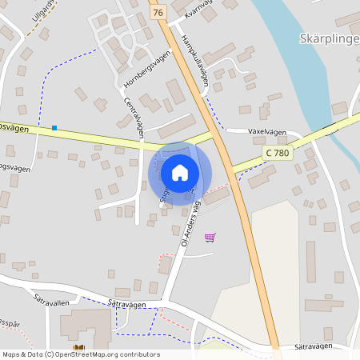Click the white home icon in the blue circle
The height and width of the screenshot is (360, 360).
coord(180,172)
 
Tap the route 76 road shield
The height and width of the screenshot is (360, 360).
coord(158,13)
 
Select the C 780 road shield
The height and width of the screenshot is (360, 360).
coord(276,152)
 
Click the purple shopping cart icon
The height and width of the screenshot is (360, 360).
coord(210,237)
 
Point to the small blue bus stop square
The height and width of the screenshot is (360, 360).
coord(54,128)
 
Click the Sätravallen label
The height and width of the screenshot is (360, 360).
coord(51,302)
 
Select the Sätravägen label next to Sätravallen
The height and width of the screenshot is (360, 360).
coord(126,303)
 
